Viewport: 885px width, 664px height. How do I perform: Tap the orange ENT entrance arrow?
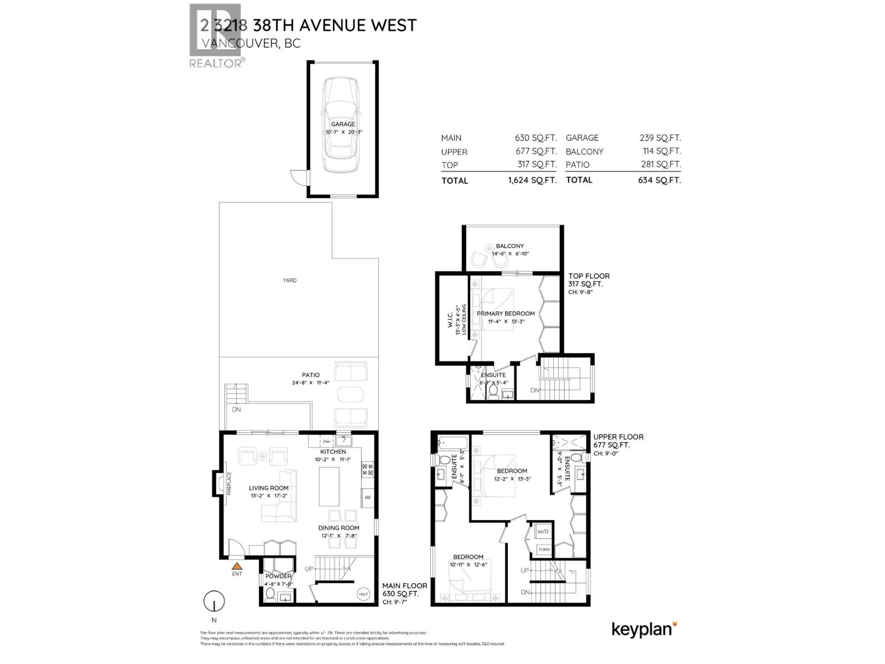(x=237, y=566)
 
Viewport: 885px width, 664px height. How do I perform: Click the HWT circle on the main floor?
(x=363, y=594)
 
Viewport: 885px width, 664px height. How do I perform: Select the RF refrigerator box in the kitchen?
(x=368, y=498)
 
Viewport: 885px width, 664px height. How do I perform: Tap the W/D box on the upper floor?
(x=543, y=532)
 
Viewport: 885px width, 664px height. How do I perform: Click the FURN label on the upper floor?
(x=544, y=549)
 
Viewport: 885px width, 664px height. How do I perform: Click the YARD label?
(x=290, y=281)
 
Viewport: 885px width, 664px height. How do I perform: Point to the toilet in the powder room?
(x=270, y=594)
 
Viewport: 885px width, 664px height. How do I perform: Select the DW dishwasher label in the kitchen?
(x=327, y=442)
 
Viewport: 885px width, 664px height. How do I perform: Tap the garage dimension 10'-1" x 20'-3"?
(x=343, y=132)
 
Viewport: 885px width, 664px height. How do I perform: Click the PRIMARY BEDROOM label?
(x=506, y=314)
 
